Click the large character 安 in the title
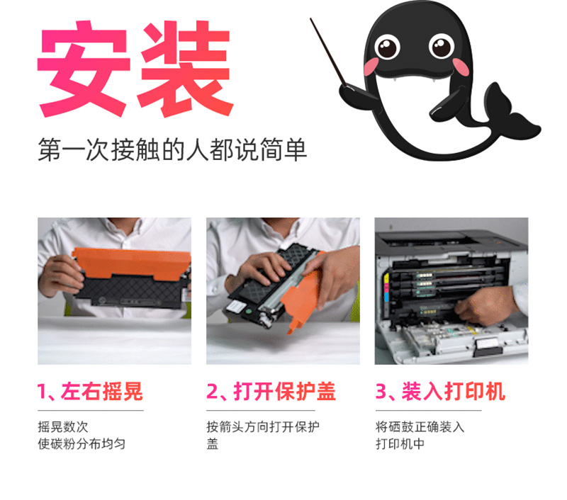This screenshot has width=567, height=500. (84, 69)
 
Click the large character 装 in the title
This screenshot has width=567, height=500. (185, 69)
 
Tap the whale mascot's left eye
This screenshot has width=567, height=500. (387, 47)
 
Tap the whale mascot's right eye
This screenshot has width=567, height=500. (442, 46)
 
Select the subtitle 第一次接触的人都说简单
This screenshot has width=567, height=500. (172, 149)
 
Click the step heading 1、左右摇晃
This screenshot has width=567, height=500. (90, 391)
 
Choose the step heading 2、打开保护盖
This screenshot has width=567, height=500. (271, 391)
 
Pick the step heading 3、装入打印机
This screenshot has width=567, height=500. (440, 391)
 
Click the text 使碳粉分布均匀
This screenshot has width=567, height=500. (82, 443)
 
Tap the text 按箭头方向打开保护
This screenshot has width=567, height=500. (263, 426)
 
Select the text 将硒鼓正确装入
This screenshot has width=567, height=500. (420, 426)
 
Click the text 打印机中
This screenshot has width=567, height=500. (400, 443)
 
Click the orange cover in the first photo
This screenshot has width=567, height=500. (132, 263)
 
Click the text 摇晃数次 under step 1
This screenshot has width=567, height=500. (63, 426)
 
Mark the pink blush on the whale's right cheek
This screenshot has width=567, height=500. (461, 67)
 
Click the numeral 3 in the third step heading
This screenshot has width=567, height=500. (381, 392)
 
